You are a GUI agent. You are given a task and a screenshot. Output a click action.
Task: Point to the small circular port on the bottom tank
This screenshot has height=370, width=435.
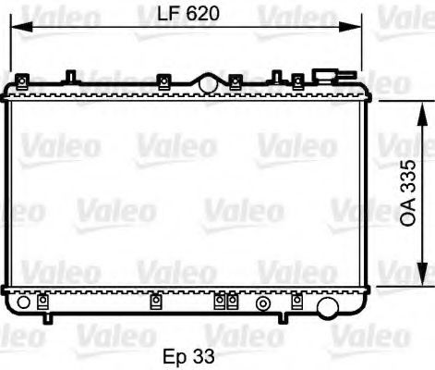coord(264,302)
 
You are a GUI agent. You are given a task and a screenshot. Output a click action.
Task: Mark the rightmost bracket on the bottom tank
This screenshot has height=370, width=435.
coord(296,301)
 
